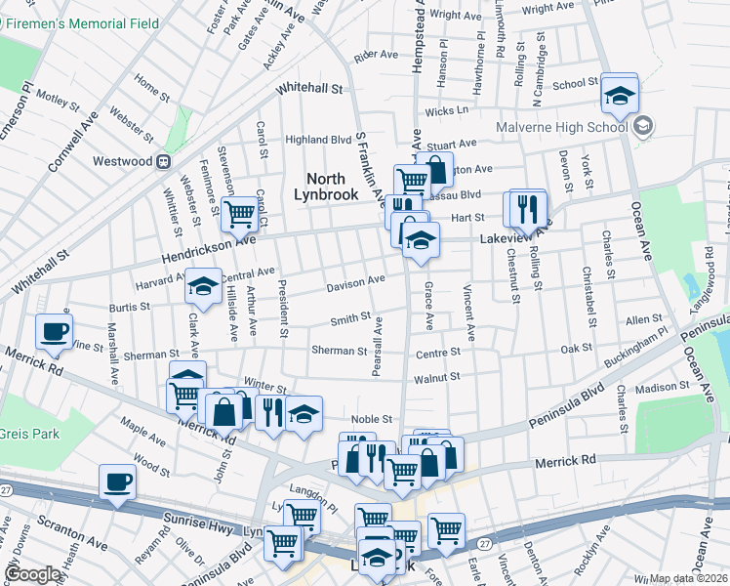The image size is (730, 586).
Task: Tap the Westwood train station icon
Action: (x=164, y=160)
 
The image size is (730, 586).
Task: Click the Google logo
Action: (x=32, y=574)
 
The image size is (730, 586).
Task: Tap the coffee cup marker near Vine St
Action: (x=55, y=330)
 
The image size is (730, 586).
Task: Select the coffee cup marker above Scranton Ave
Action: (x=118, y=481)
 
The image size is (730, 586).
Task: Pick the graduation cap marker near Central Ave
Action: (x=203, y=285)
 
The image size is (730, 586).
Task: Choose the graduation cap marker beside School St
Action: (x=619, y=95)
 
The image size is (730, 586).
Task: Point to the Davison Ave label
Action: (x=355, y=282)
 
